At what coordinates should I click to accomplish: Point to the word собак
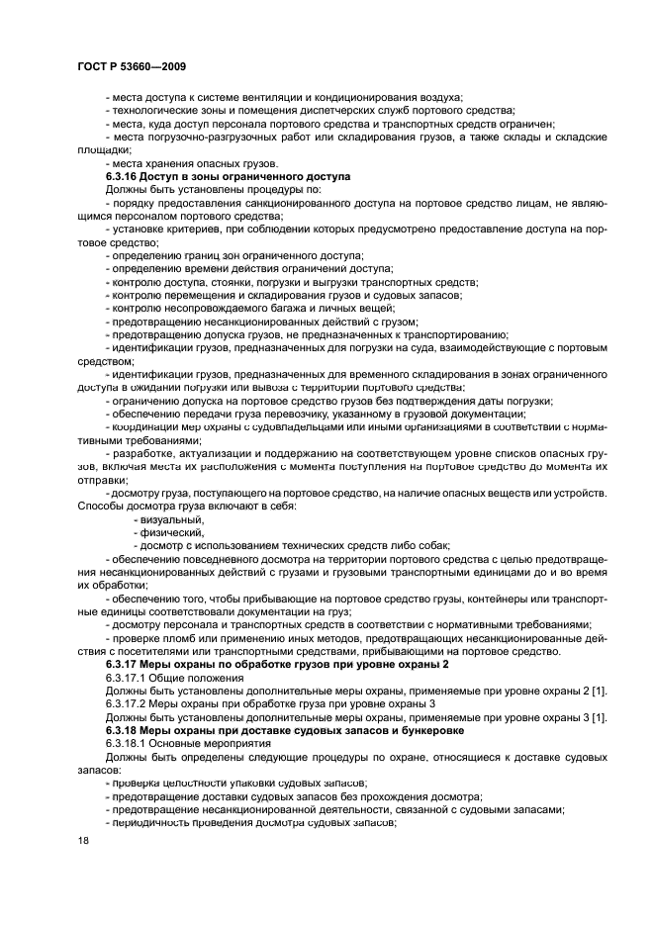tap(432, 545)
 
